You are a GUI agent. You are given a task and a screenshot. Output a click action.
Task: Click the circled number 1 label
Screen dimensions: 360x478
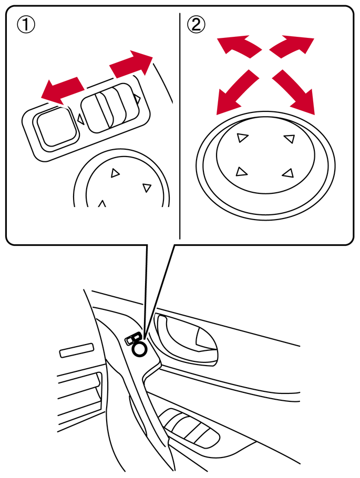26,24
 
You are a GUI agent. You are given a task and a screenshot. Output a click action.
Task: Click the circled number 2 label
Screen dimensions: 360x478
196,24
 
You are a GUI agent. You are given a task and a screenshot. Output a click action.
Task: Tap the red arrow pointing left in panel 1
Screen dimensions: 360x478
62,90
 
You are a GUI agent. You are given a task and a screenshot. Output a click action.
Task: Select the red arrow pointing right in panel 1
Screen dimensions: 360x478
131,64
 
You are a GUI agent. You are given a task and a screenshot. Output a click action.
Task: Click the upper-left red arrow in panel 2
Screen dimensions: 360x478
238,46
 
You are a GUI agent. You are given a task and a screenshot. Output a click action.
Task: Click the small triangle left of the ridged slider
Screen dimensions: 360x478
81,119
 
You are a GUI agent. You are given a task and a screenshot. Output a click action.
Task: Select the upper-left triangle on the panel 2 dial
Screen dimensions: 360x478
242,138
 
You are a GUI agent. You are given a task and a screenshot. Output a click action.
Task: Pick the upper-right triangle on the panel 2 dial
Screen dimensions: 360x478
290,138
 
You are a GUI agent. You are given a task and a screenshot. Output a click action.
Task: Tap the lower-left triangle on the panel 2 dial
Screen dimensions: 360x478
241,172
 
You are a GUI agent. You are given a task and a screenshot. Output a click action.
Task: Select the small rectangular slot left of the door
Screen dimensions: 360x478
77,350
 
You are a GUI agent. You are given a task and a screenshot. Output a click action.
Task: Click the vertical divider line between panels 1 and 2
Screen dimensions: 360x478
180,126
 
